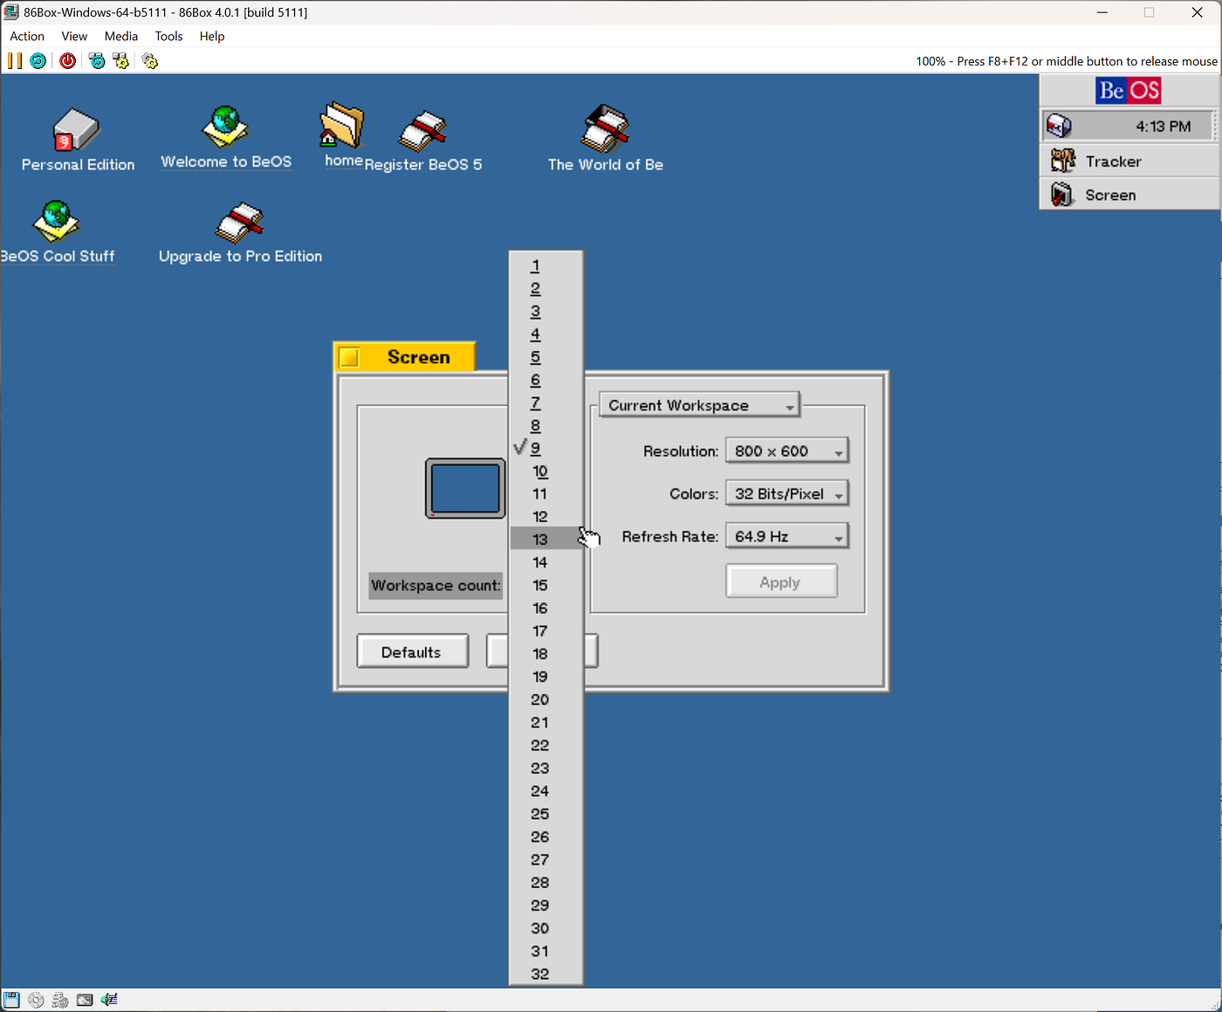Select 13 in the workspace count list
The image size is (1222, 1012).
pyautogui.click(x=540, y=540)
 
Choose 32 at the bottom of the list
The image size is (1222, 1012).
pyautogui.click(x=540, y=974)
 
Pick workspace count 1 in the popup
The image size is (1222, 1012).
pyautogui.click(x=536, y=265)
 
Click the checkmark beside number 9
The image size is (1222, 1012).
pyautogui.click(x=520, y=448)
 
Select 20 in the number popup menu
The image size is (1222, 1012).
pyautogui.click(x=540, y=699)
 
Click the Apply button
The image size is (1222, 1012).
pyautogui.click(x=780, y=582)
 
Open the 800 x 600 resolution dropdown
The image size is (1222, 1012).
pyautogui.click(x=786, y=451)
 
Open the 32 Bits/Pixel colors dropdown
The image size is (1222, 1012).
pyautogui.click(x=786, y=494)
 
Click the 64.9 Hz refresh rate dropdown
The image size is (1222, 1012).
pyautogui.click(x=786, y=537)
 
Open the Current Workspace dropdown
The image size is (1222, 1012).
pyautogui.click(x=699, y=406)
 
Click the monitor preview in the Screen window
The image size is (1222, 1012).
pyautogui.click(x=465, y=488)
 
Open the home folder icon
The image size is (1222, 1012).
pyautogui.click(x=342, y=127)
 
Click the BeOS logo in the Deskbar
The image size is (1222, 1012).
pyautogui.click(x=1129, y=91)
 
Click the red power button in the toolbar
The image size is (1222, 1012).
pyautogui.click(x=67, y=61)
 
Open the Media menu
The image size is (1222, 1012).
pyautogui.click(x=120, y=37)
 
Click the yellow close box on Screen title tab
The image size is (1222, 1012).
pyautogui.click(x=349, y=357)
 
